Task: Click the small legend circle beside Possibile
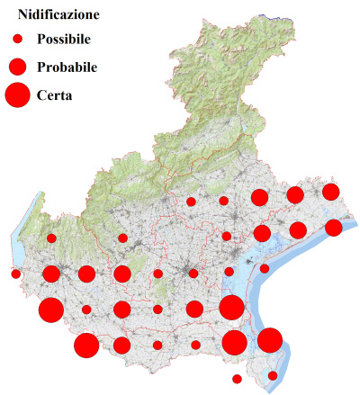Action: [17, 40]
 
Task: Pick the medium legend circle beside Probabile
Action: [17, 67]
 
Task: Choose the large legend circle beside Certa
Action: [17, 94]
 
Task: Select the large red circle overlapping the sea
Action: [270, 340]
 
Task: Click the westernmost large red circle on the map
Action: [50, 310]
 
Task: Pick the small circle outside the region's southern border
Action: [237, 379]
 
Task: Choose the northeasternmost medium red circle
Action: [330, 192]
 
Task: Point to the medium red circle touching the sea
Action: [333, 228]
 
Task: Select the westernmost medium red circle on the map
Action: [51, 274]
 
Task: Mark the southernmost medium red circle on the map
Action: [121, 346]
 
